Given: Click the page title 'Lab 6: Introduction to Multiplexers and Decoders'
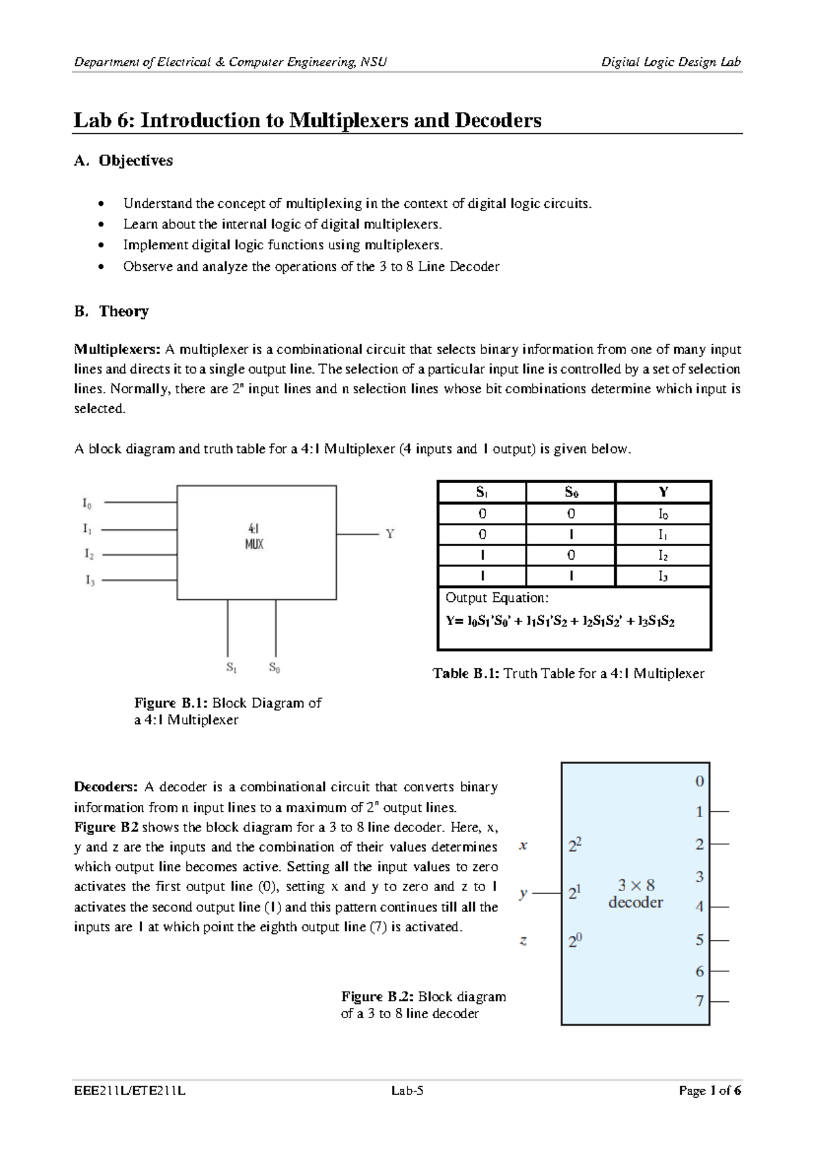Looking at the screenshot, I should coord(307,121).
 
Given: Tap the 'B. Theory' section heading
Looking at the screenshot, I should coord(111,312).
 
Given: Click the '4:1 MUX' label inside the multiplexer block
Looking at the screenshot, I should coord(254,536).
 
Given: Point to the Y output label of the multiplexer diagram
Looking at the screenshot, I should coord(390,535).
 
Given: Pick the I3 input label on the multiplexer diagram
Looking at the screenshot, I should coord(90,581).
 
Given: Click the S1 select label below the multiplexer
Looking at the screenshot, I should coord(232,668).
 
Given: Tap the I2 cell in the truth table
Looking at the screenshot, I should coord(663,556).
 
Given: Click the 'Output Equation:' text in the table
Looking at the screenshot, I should coord(496,598).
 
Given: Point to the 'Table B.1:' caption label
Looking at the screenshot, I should coord(466,674).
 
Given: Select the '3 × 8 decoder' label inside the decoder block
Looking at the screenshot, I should coord(636,894).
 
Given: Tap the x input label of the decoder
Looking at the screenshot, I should coord(523,846).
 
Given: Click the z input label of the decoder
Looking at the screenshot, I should coord(523,941).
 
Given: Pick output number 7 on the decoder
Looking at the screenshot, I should coord(700,1001).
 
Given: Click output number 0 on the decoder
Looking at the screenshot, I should coord(700,782).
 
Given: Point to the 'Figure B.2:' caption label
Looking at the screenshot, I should coord(377,997).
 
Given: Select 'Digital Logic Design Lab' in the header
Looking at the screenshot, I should coord(671,62).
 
